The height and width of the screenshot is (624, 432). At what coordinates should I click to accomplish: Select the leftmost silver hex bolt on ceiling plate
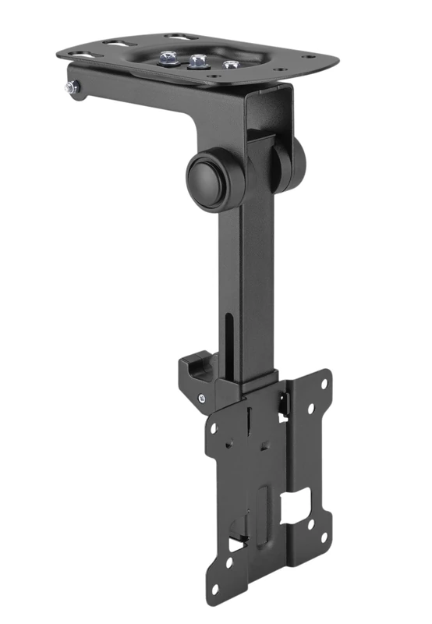(x=168, y=57)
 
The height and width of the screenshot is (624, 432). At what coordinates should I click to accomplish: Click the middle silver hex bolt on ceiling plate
(x=196, y=60)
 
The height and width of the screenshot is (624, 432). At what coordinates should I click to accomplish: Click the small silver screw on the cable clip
(x=202, y=399)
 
